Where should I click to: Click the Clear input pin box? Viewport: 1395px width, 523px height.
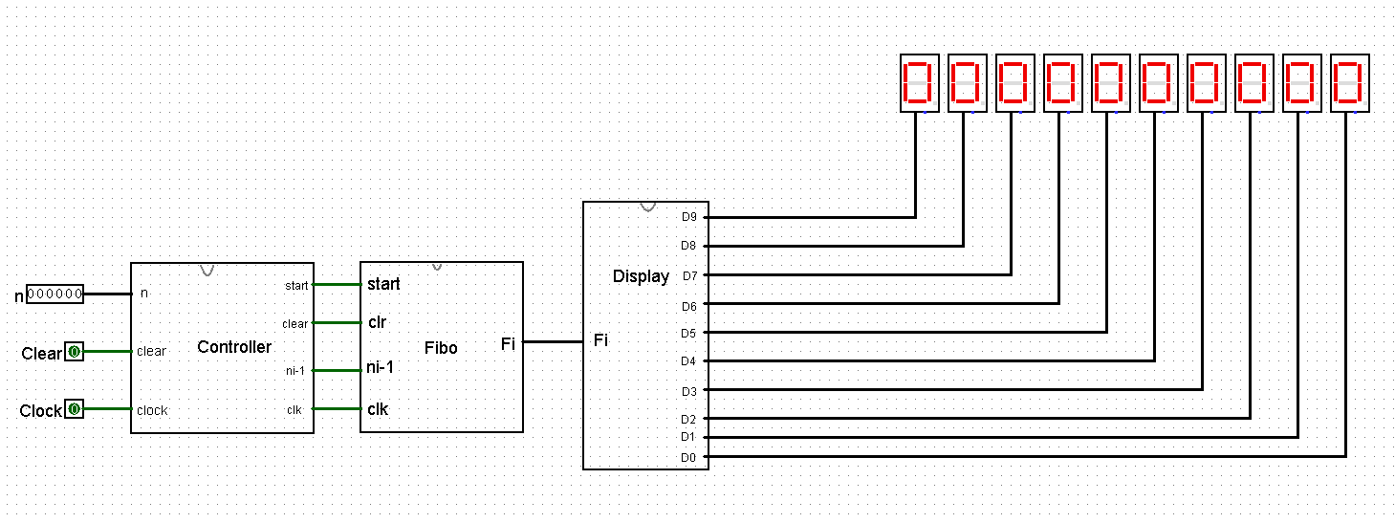[74, 352]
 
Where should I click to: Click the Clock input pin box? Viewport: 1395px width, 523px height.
[74, 410]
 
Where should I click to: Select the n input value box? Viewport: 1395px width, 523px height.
[54, 294]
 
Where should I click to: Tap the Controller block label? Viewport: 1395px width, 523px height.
[234, 347]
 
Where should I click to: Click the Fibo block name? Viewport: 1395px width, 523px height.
[440, 348]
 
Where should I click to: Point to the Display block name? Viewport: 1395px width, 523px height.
[641, 276]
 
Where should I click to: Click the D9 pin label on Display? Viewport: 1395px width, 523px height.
[688, 217]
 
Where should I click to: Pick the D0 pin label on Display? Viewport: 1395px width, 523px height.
[688, 458]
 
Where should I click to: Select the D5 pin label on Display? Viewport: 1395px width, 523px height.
[688, 333]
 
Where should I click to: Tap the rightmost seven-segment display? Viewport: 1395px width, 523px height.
[1347, 83]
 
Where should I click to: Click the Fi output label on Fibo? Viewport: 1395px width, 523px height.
[508, 343]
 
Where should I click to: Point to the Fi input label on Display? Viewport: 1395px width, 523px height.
[600, 339]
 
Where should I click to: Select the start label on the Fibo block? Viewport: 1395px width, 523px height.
[383, 284]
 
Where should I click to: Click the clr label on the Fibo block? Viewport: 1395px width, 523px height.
[377, 322]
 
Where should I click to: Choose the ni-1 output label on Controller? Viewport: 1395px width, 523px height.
[294, 370]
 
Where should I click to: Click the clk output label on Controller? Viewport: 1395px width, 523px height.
[294, 410]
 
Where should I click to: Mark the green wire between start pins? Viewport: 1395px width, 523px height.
[337, 284]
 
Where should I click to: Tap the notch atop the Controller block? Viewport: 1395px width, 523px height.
[207, 269]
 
